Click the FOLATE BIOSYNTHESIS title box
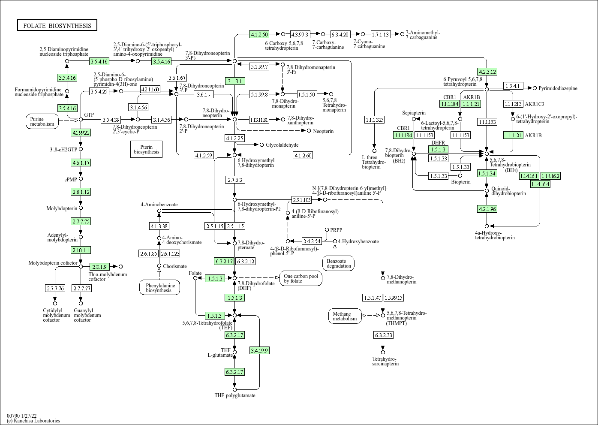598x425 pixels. pos(57,26)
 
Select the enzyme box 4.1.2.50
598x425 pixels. pos(259,34)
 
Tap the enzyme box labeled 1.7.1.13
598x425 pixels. pos(381,34)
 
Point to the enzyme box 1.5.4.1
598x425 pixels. pos(513,86)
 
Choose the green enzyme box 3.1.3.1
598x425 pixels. pos(235,81)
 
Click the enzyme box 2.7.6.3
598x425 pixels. pos(235,180)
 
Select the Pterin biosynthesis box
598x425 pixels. pos(146,149)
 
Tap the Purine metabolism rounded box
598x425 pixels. pos(42,121)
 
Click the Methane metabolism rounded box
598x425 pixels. pos(345,316)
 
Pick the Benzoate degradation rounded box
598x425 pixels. pos(339,263)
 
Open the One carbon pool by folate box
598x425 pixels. pos(301,278)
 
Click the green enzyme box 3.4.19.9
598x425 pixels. pos(259,350)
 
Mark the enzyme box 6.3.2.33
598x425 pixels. pos(383,335)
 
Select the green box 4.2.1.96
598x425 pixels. pos(487,209)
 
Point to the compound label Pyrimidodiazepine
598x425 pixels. pos(558,88)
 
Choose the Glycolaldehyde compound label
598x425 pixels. pos(282,145)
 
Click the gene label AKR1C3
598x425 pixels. pos(535,104)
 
